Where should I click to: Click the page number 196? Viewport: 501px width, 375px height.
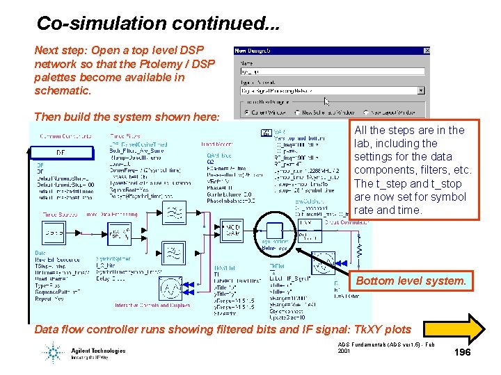click(x=463, y=353)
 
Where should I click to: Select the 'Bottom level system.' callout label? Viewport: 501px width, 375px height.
click(x=411, y=281)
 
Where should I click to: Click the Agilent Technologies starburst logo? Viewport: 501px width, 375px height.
click(x=54, y=353)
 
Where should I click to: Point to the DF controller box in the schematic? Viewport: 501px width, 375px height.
click(x=61, y=152)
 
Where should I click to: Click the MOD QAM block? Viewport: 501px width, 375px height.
click(x=232, y=231)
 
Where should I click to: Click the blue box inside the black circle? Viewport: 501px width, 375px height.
click(x=276, y=231)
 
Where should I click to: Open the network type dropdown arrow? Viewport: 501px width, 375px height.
click(x=421, y=90)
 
